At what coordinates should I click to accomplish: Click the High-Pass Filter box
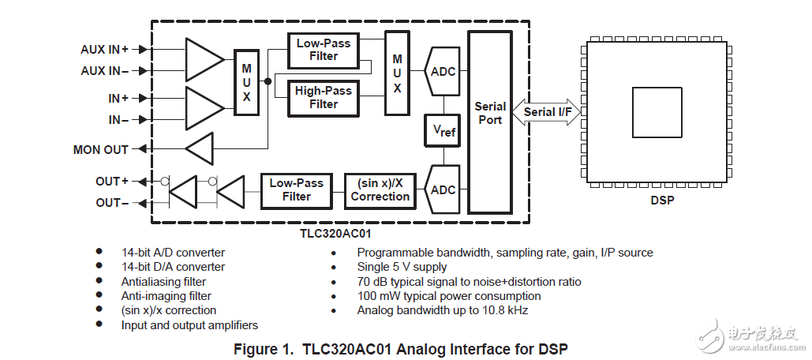pyautogui.click(x=324, y=98)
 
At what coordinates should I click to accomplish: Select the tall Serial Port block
pyautogui.click(x=489, y=122)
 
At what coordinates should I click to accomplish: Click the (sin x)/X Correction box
pyautogui.click(x=380, y=189)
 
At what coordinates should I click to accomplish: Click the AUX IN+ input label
pyautogui.click(x=104, y=49)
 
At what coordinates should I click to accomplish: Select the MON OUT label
pyautogui.click(x=100, y=149)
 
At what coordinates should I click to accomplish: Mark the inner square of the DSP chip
pyautogui.click(x=657, y=112)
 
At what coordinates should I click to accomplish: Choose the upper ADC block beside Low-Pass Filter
pyautogui.click(x=443, y=71)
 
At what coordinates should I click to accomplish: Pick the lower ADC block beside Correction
pyautogui.click(x=443, y=189)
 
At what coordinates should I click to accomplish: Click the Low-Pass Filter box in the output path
pyautogui.click(x=297, y=189)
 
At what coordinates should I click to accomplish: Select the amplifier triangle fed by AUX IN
pyautogui.click(x=204, y=60)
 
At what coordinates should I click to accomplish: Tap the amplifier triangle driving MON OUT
pyautogui.click(x=200, y=148)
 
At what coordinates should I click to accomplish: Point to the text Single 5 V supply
pyautogui.click(x=402, y=267)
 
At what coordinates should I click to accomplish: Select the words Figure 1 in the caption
pyautogui.click(x=265, y=348)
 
